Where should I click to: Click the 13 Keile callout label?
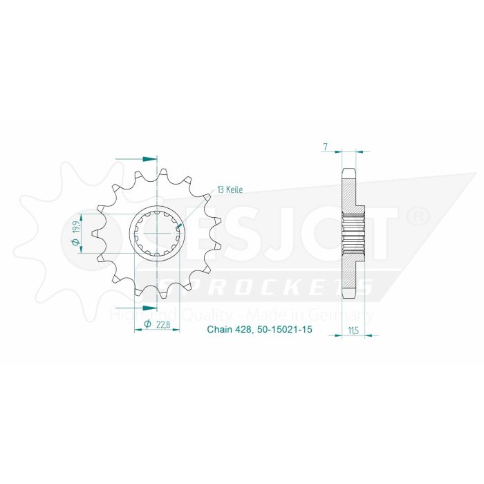point(229,189)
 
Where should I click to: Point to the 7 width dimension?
point(324,147)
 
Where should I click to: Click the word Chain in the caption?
point(220,331)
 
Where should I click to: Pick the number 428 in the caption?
point(246,331)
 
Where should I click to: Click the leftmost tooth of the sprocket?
point(95,234)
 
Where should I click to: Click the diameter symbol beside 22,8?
point(147,324)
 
